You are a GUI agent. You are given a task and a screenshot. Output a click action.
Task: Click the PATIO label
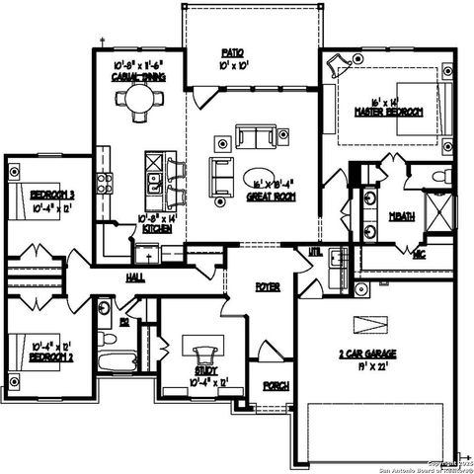[233, 51]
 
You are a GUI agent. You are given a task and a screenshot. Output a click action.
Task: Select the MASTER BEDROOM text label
[388, 113]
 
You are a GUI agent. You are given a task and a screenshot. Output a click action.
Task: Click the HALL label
[134, 278]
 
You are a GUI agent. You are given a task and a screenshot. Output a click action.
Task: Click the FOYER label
[267, 286]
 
